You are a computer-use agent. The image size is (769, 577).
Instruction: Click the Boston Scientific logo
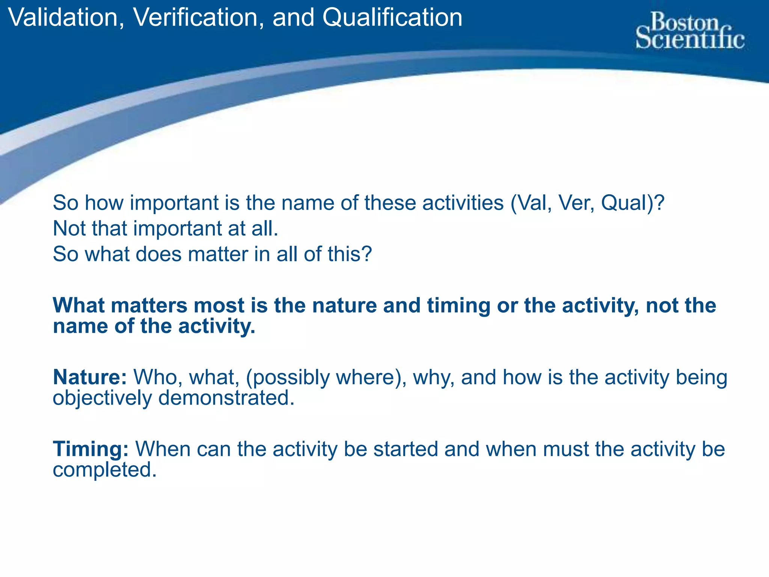[x=690, y=31]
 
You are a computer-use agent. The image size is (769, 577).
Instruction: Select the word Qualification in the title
[x=392, y=18]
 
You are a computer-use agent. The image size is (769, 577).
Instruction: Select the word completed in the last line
[x=104, y=470]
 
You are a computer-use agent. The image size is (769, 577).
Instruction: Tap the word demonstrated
[x=226, y=398]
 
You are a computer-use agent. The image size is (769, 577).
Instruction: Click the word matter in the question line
[x=218, y=254]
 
